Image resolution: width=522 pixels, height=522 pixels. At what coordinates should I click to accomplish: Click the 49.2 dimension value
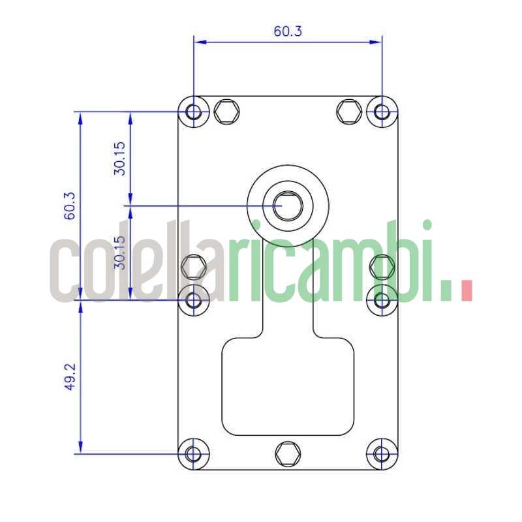[x=70, y=377]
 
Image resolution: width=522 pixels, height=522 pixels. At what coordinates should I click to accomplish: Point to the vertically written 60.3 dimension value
[x=70, y=206]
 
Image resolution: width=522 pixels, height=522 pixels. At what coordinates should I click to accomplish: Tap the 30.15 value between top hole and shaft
[x=119, y=159]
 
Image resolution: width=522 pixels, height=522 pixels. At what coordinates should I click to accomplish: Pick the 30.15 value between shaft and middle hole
[x=119, y=253]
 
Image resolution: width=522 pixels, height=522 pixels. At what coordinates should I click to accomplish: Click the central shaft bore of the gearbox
[x=288, y=206]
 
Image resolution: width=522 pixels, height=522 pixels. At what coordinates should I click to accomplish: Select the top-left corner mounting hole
[x=194, y=112]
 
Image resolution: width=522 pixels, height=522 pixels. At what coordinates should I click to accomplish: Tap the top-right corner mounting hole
[x=382, y=112]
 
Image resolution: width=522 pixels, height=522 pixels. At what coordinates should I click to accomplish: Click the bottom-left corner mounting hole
[x=194, y=453]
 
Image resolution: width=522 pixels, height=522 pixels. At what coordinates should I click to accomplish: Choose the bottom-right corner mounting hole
[x=382, y=453]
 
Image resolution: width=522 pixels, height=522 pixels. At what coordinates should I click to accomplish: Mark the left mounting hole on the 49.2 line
[x=194, y=299]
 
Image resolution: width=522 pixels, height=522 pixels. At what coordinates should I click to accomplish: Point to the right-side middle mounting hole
[x=382, y=299]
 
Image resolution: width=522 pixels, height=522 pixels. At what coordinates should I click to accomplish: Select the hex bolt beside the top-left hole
[x=226, y=112]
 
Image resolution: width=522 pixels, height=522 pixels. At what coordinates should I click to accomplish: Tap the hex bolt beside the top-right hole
[x=348, y=112]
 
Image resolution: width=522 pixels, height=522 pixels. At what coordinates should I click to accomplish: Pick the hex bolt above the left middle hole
[x=193, y=266]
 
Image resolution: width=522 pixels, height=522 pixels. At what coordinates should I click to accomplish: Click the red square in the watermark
[x=466, y=290]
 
